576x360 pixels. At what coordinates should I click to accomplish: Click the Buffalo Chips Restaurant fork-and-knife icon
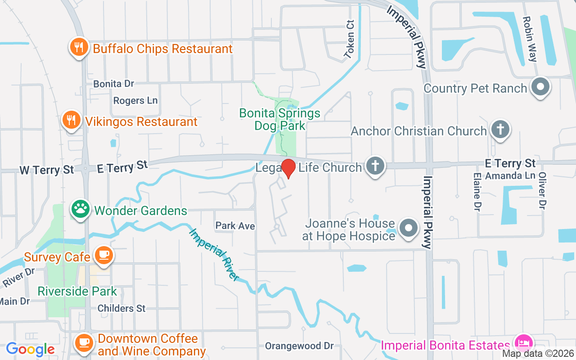(79, 47)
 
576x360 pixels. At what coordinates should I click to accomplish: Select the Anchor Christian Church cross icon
(500, 130)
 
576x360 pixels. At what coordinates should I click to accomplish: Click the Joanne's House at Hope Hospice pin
(409, 228)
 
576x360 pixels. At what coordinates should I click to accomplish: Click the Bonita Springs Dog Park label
(280, 119)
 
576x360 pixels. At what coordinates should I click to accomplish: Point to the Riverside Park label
(77, 291)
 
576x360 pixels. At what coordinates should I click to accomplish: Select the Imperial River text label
(214, 255)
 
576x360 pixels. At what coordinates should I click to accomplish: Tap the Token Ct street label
(350, 40)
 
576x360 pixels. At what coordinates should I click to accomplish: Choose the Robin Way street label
(530, 39)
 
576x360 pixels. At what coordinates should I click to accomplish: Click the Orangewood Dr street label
(299, 346)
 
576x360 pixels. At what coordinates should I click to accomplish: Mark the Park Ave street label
(235, 226)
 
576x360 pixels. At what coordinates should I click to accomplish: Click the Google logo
(31, 349)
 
